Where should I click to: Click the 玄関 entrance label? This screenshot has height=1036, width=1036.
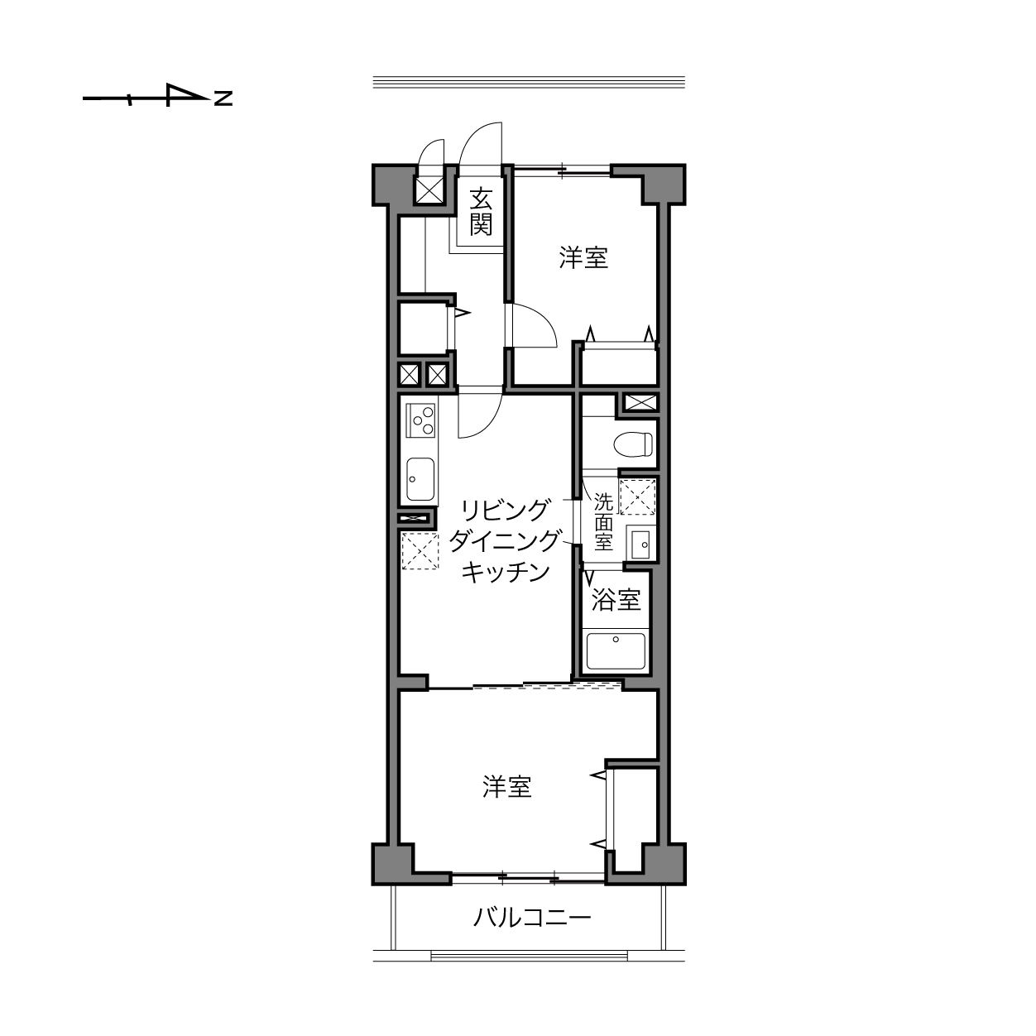(481, 212)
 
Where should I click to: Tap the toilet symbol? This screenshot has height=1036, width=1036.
(633, 444)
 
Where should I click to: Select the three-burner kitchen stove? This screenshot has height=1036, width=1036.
(420, 420)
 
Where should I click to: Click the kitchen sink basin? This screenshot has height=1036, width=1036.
(420, 478)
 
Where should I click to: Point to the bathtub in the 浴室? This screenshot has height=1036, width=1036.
(616, 650)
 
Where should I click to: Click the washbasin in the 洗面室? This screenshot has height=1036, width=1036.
(640, 545)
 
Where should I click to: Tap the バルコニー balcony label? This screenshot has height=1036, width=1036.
(532, 917)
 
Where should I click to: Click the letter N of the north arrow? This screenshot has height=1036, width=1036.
(223, 98)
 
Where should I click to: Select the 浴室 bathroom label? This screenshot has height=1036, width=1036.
(616, 599)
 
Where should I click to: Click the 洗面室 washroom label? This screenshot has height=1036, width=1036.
(603, 522)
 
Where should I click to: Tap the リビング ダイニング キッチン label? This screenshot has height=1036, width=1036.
(505, 540)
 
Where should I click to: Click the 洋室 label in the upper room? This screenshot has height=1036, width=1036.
(583, 257)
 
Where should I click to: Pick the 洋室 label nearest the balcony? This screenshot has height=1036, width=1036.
(507, 787)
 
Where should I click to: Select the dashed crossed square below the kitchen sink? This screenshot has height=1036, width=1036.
(420, 550)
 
